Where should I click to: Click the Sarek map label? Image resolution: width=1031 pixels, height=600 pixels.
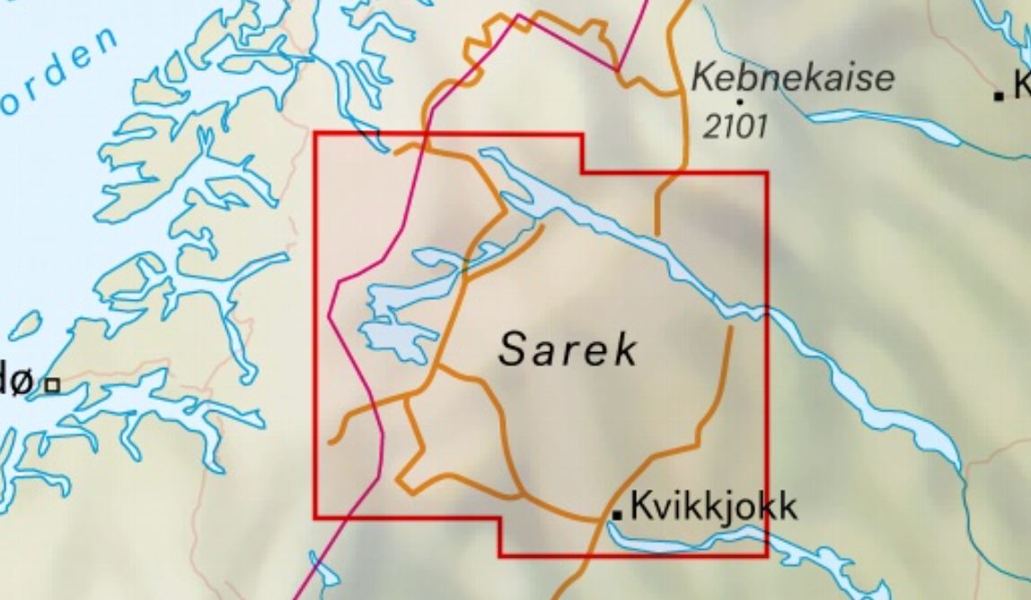click(x=568, y=349)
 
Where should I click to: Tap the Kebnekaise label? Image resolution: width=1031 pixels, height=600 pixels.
click(x=793, y=78)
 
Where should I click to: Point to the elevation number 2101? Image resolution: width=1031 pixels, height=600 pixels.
click(x=735, y=127)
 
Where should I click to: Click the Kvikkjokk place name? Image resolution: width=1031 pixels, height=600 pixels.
click(x=714, y=507)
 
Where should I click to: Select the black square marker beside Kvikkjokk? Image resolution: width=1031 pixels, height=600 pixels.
click(x=618, y=513)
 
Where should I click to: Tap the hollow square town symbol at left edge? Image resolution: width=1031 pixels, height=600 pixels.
click(x=53, y=384)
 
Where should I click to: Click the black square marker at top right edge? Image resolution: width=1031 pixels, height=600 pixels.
click(x=999, y=94)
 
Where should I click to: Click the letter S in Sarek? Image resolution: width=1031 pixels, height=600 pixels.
click(x=513, y=349)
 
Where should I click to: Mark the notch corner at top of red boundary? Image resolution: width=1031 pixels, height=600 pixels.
click(x=583, y=172)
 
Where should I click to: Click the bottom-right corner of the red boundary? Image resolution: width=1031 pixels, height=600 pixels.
click(x=767, y=556)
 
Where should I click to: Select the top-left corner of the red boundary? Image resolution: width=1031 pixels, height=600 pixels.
click(x=315, y=133)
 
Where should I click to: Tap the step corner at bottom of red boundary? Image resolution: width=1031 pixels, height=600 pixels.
click(x=499, y=518)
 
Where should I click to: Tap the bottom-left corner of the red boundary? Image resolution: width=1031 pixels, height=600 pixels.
click(x=315, y=517)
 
